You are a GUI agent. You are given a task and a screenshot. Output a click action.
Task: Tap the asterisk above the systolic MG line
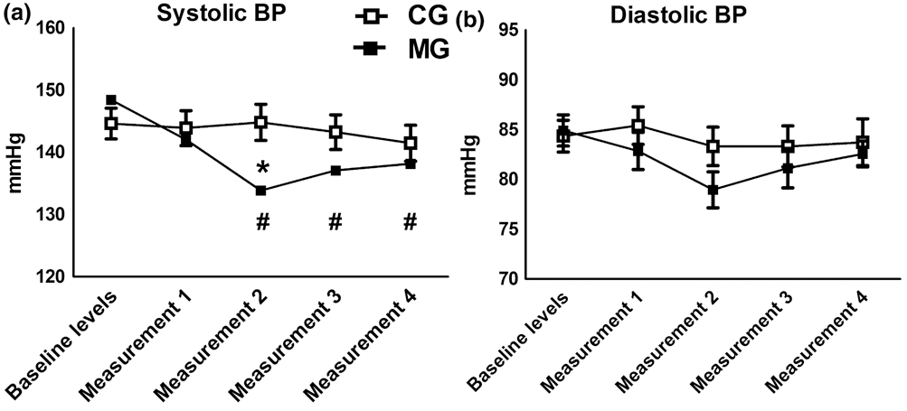pyautogui.click(x=261, y=169)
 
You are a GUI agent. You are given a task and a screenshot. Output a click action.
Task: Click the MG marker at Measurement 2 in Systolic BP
pyautogui.click(x=261, y=191)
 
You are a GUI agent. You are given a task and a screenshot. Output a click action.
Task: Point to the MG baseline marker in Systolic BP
pyautogui.click(x=111, y=100)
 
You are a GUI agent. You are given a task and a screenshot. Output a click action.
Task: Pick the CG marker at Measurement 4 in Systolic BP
pyautogui.click(x=411, y=143)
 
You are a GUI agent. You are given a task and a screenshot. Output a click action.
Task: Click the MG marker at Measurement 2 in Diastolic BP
pyautogui.click(x=713, y=191)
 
